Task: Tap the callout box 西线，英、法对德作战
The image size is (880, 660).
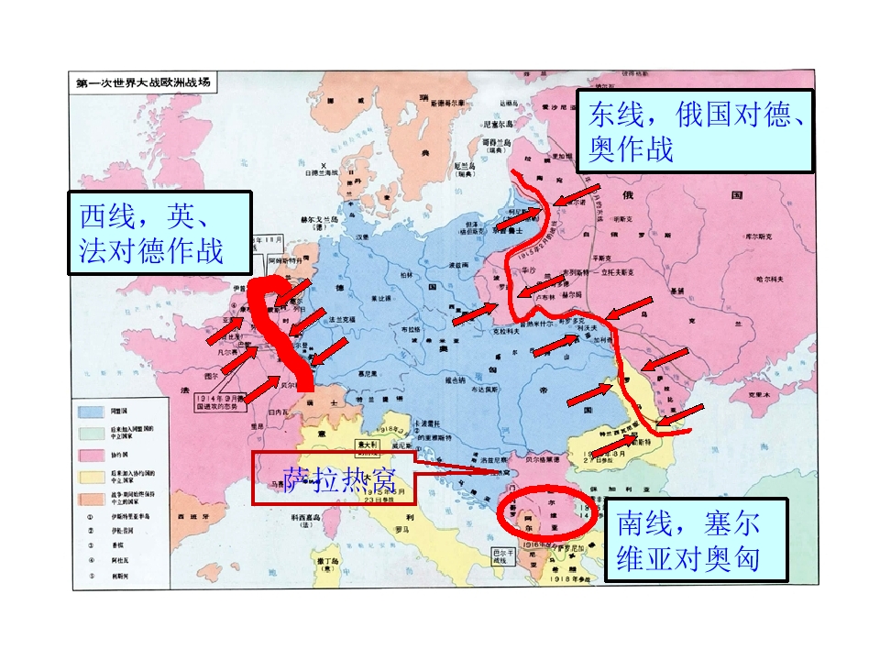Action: (x=159, y=233)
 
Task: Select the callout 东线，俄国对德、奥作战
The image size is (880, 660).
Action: (x=695, y=130)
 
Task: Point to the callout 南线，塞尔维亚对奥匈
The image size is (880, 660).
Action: (x=696, y=540)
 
